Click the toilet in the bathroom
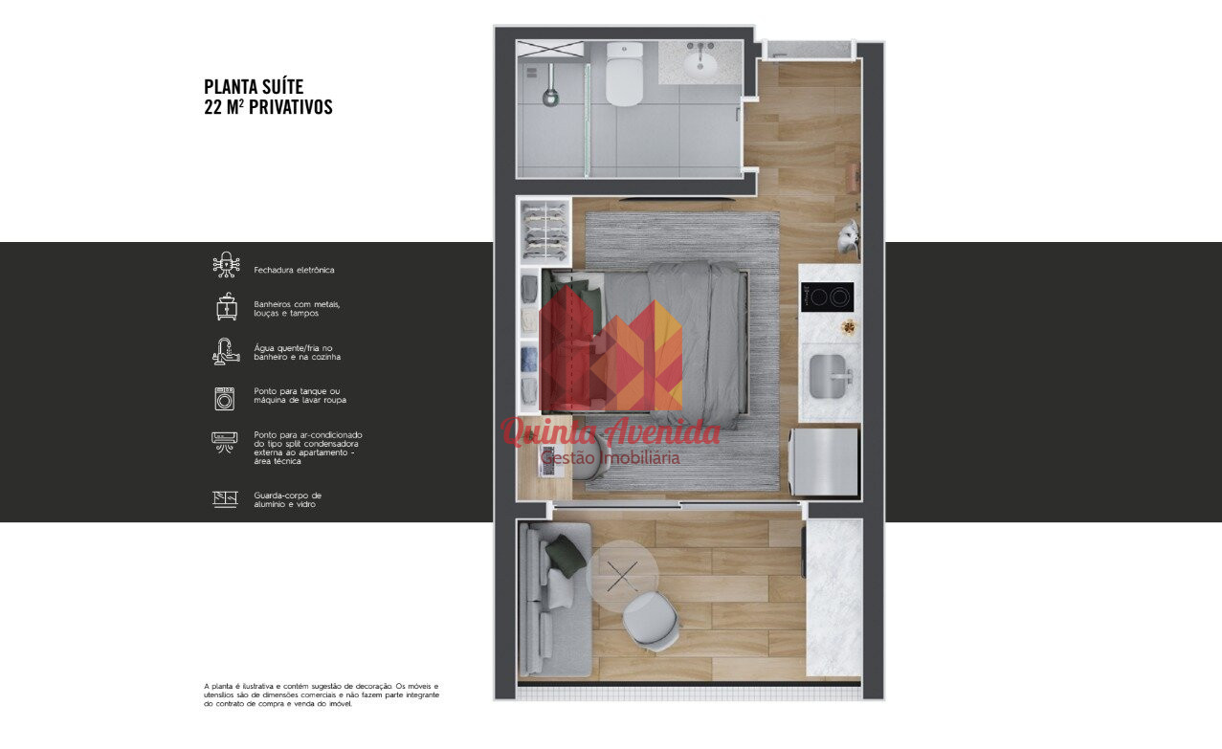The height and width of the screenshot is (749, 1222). pos(624,75)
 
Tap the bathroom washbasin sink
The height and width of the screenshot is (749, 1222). pos(700,65)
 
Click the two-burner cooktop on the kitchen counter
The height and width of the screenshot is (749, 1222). pos(827,297)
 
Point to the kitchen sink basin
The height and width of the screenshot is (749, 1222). pos(827,375)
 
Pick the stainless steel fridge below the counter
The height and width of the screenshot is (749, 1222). pos(823,461)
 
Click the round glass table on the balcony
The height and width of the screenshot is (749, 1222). pos(622,575)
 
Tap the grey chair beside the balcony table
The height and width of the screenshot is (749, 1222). pos(652,622)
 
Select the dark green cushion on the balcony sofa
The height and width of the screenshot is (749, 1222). pos(566,556)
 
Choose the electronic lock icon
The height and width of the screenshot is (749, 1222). pos(226,265)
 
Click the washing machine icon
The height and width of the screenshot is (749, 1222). pos(225,398)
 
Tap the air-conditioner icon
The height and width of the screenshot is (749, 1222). pos(225,442)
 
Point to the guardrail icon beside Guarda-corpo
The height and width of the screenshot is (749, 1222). pos(225,499)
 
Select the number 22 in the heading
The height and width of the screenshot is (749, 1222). pos(212,107)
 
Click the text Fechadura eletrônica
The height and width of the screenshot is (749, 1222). pos(294,270)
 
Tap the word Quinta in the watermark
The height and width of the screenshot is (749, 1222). pos(549,433)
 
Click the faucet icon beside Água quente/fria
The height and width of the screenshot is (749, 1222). pos(226,351)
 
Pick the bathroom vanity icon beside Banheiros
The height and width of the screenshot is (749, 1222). pos(227,306)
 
